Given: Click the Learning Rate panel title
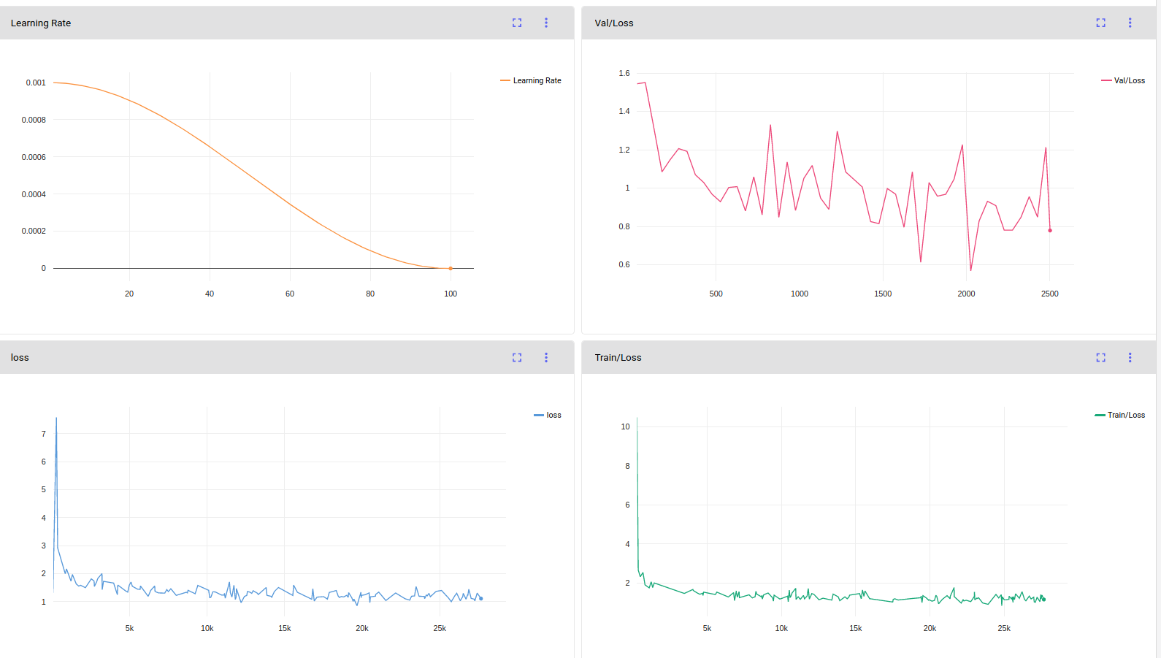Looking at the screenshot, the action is pyautogui.click(x=40, y=23).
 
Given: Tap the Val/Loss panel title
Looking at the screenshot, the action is pyautogui.click(x=613, y=23).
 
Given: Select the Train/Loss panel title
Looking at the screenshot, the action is pyautogui.click(x=618, y=357).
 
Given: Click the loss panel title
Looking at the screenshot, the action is pyautogui.click(x=20, y=357).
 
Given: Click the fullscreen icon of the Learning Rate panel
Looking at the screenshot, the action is pyautogui.click(x=517, y=23).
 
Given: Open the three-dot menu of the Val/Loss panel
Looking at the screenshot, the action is pyautogui.click(x=1130, y=23).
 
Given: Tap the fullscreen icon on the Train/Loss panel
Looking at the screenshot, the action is pyautogui.click(x=1101, y=357).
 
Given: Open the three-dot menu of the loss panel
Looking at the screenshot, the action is pyautogui.click(x=545, y=357).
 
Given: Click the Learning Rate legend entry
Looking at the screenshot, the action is pyautogui.click(x=531, y=80).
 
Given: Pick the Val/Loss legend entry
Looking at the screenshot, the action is pyautogui.click(x=1122, y=80).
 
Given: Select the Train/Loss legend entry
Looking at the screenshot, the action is pyautogui.click(x=1119, y=415).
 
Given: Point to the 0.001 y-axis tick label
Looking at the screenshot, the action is pyautogui.click(x=36, y=83).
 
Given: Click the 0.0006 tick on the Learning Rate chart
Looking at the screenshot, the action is pyautogui.click(x=34, y=157).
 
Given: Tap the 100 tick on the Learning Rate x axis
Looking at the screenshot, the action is pyautogui.click(x=451, y=294).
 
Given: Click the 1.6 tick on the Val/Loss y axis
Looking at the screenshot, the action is pyautogui.click(x=624, y=73).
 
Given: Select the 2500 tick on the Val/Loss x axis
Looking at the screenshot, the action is pyautogui.click(x=1049, y=294).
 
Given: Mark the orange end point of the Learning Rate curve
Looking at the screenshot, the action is pyautogui.click(x=451, y=268).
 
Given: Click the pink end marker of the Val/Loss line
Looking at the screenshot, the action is pyautogui.click(x=1050, y=231).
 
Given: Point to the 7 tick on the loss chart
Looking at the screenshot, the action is pyautogui.click(x=44, y=434).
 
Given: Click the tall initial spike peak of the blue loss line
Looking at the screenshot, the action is pyautogui.click(x=56, y=418).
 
